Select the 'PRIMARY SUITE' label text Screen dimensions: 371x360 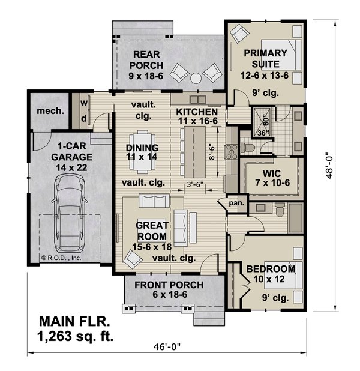click(x=265, y=58)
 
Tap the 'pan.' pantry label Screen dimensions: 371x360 click(x=236, y=204)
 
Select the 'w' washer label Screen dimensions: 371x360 click(x=84, y=103)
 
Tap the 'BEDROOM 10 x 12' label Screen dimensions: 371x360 click(x=271, y=274)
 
